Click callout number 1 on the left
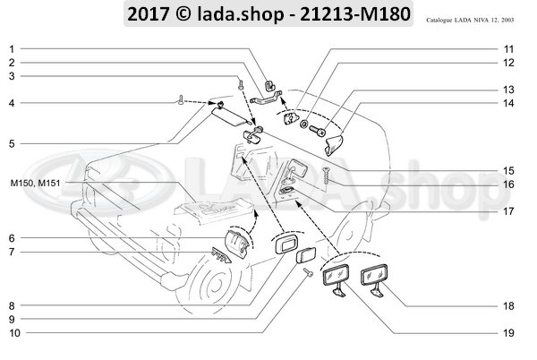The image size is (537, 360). pos(11,47)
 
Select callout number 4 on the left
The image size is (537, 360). pos(11,103)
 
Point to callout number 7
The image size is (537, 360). pos(11,253)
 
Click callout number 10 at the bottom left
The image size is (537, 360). pos(12,333)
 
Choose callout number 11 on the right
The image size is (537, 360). pos(507,47)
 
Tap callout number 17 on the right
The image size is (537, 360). pos(507,211)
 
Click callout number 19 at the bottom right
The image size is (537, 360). pos(507,333)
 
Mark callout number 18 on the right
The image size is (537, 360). pos(507,306)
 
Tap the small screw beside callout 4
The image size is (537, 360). pos(183,103)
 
